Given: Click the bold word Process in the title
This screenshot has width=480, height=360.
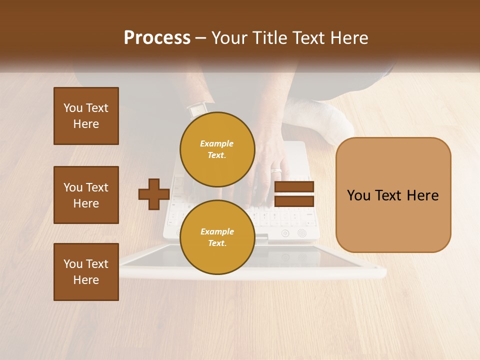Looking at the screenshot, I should (157, 38).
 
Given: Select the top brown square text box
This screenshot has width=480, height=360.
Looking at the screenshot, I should (86, 116).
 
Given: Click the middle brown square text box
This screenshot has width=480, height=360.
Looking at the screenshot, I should (86, 195).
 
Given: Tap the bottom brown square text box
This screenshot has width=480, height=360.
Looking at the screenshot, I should (86, 272).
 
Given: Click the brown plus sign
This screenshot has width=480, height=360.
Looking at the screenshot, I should (154, 194).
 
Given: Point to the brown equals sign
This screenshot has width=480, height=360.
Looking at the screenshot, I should (294, 194).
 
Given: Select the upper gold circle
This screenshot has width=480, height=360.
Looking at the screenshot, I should (217, 149).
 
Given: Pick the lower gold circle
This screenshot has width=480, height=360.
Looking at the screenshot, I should (217, 237).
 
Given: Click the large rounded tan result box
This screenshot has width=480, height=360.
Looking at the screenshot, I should (393, 195).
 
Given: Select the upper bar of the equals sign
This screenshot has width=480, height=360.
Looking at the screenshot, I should (294, 187).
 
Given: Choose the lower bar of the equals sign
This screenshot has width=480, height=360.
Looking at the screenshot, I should (294, 201).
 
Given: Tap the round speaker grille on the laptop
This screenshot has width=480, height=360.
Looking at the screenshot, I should (301, 233).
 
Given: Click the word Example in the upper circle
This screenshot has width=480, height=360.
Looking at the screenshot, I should (217, 143).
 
